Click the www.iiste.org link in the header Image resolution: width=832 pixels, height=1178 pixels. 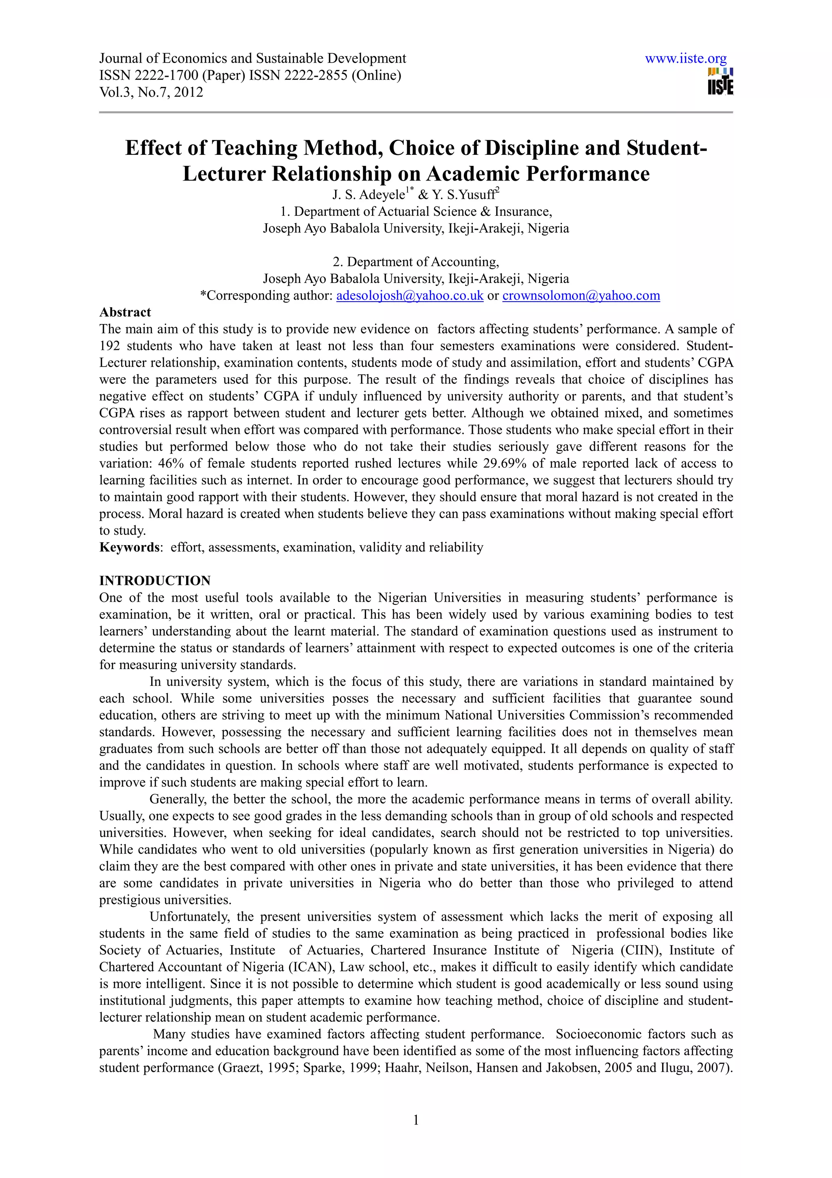point(685,59)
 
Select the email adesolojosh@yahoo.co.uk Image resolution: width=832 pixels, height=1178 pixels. point(409,296)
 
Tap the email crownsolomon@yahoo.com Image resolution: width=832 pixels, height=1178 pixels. point(581,296)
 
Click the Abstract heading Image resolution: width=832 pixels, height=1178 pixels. point(125,313)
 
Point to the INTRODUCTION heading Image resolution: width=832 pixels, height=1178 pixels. point(155,580)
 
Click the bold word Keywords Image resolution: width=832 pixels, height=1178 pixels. point(129,548)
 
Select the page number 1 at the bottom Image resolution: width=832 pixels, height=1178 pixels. point(416,1119)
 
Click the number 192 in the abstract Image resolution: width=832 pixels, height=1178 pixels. point(109,346)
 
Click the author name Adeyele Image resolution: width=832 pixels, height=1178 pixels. point(382,196)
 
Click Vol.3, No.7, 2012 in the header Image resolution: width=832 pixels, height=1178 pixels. point(151,92)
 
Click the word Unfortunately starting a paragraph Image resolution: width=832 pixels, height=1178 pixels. point(188,917)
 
